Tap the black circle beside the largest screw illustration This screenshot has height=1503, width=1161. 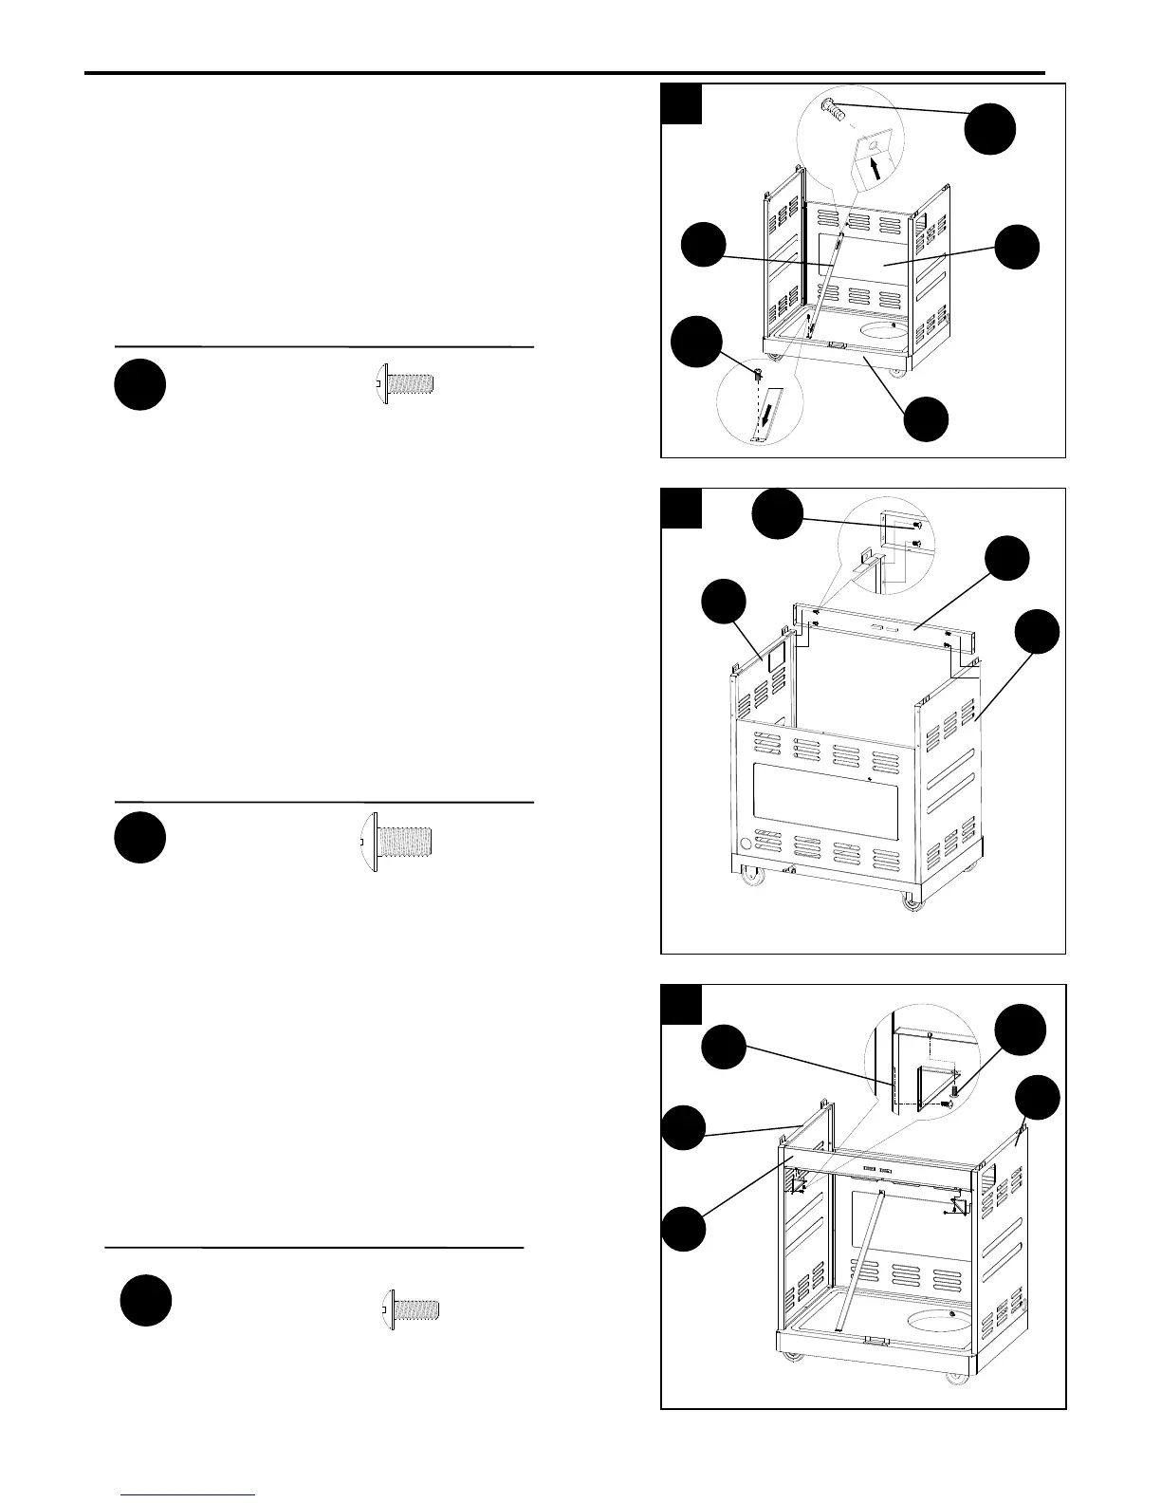click(x=139, y=837)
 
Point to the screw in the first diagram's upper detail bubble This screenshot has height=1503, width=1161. click(x=834, y=108)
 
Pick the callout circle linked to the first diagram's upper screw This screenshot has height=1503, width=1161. click(x=990, y=129)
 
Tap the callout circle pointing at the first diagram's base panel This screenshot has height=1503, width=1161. click(x=925, y=418)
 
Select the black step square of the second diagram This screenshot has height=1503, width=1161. click(x=681, y=509)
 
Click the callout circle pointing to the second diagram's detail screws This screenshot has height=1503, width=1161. click(x=777, y=513)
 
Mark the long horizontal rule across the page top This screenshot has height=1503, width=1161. click(x=564, y=72)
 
